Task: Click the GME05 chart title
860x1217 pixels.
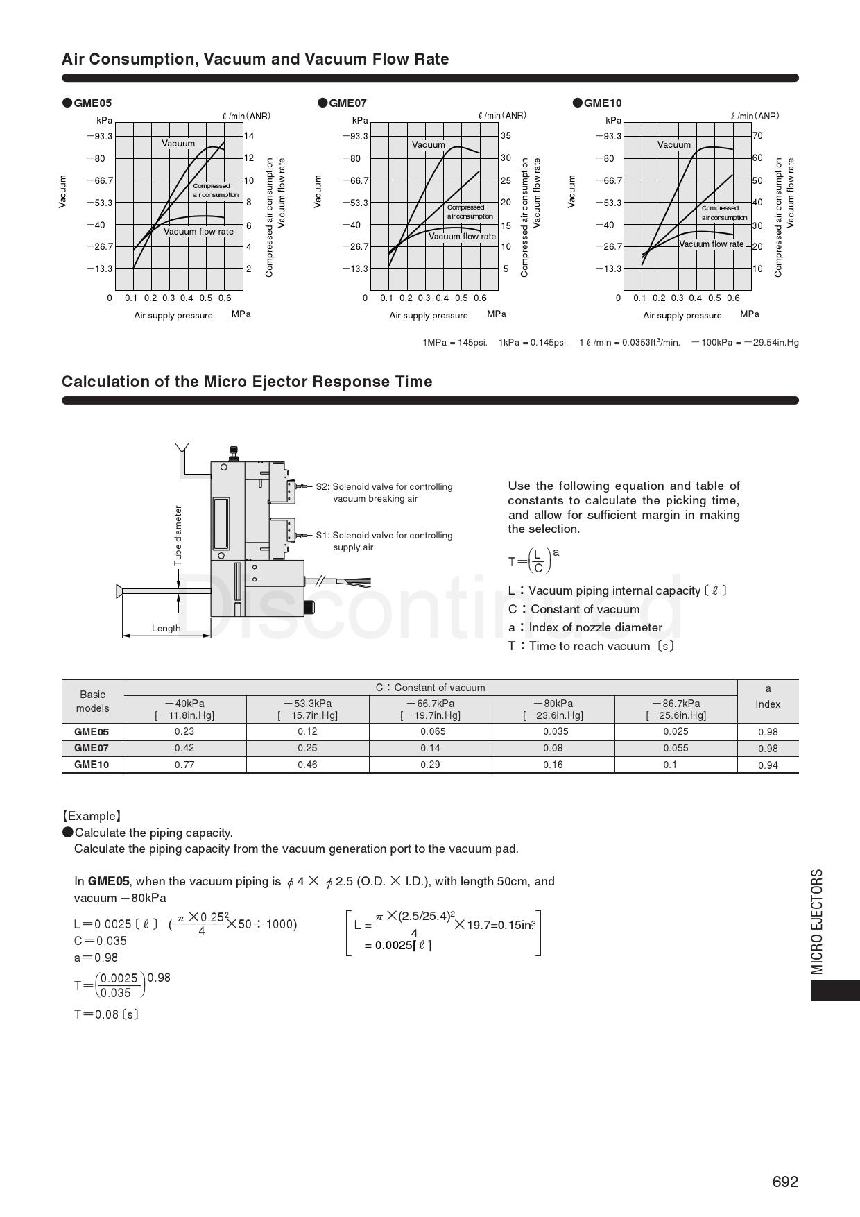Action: pyautogui.click(x=92, y=103)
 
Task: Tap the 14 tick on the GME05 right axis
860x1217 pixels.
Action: pyautogui.click(x=249, y=136)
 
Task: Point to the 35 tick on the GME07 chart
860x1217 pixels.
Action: pyautogui.click(x=506, y=136)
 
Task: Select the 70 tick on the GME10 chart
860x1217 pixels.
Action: pyautogui.click(x=757, y=136)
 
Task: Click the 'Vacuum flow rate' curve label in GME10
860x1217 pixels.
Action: pyautogui.click(x=711, y=244)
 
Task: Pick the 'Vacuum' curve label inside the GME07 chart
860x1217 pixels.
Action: pyautogui.click(x=428, y=145)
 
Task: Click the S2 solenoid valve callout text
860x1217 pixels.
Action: pyautogui.click(x=384, y=493)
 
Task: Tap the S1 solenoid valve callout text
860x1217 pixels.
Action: pyautogui.click(x=384, y=541)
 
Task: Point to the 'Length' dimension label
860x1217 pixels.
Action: pyautogui.click(x=166, y=629)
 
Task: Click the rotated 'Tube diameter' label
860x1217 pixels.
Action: pyautogui.click(x=178, y=536)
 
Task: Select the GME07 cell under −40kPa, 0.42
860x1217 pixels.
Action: pyautogui.click(x=184, y=748)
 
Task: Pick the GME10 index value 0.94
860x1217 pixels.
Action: pyautogui.click(x=768, y=765)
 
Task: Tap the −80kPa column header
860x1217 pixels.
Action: pyautogui.click(x=553, y=709)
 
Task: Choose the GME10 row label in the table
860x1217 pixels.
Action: pyautogui.click(x=92, y=765)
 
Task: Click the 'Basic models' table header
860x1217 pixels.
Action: pyautogui.click(x=92, y=701)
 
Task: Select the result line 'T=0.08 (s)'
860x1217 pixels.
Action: pyautogui.click(x=106, y=1014)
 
